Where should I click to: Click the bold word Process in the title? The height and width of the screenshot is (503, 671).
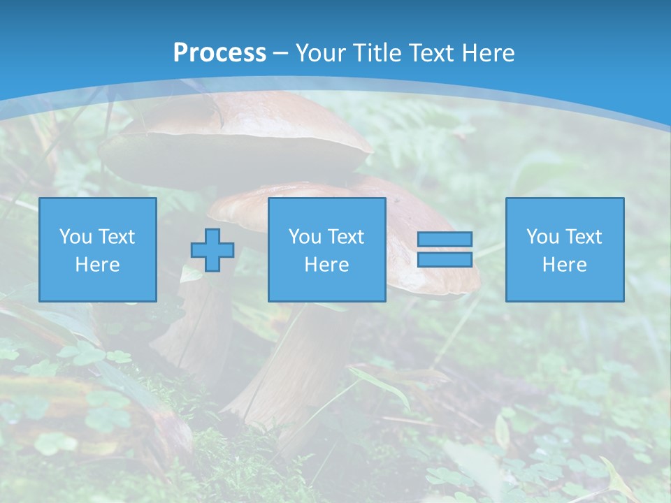click(219, 53)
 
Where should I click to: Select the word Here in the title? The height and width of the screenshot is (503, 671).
click(489, 53)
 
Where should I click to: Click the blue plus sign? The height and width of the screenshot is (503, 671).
click(212, 250)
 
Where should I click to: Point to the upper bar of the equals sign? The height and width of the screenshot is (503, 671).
click(445, 239)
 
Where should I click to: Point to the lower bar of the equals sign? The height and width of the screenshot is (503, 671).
click(445, 259)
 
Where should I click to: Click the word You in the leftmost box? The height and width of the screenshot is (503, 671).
click(75, 237)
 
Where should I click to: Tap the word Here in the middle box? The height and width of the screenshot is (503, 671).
click(327, 265)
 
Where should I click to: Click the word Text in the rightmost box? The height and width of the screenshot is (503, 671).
click(583, 237)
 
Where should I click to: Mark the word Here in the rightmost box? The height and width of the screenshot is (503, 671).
click(565, 265)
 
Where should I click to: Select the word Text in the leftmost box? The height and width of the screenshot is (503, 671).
click(116, 237)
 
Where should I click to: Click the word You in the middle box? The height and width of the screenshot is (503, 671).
click(305, 237)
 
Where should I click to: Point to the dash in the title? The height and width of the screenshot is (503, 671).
click(281, 53)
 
